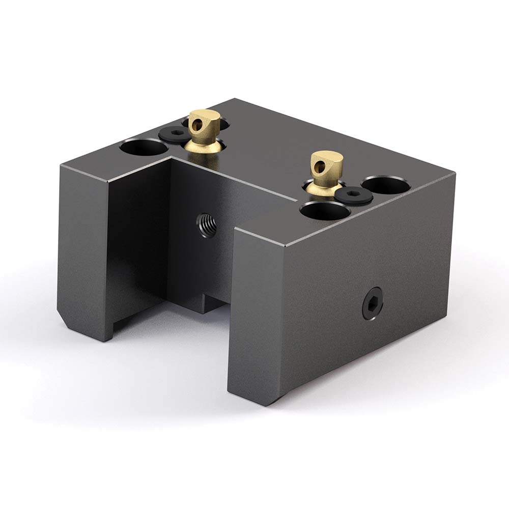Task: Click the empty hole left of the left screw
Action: coord(143,148)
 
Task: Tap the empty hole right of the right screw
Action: coord(385,184)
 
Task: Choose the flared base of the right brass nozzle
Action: coord(324,190)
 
